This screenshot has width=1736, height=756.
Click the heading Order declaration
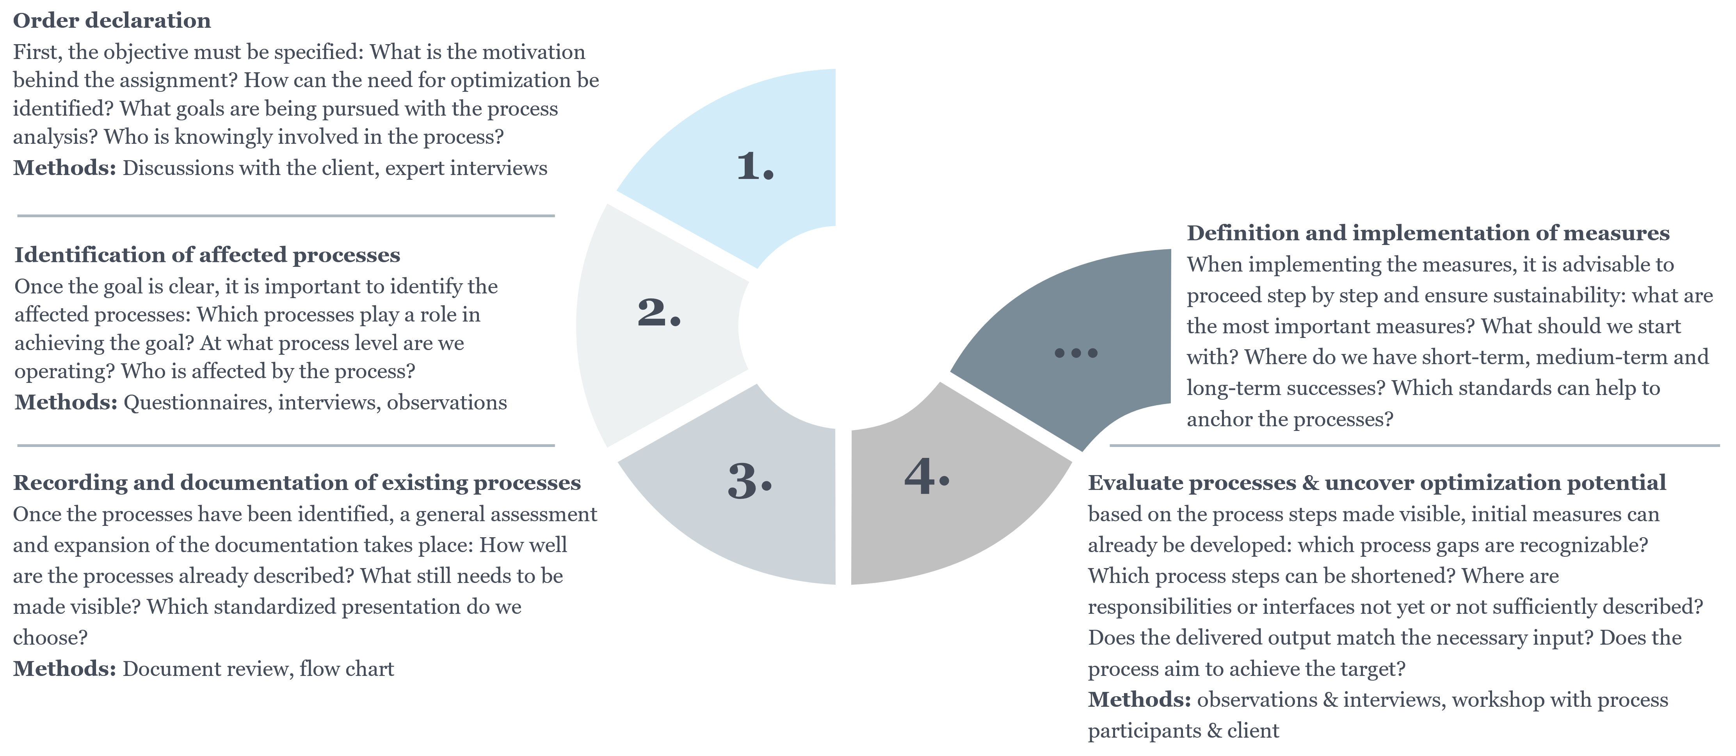point(112,20)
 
